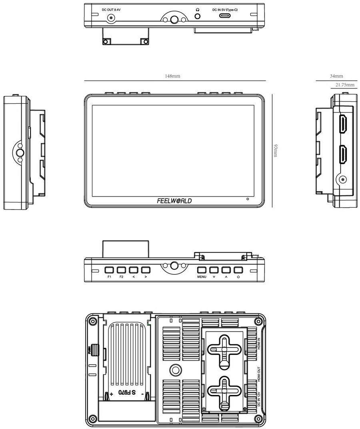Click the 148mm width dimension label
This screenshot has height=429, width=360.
(x=173, y=76)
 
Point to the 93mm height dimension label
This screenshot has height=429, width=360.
(x=275, y=150)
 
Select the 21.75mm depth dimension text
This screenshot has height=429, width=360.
(x=345, y=85)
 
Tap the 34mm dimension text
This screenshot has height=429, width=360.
(x=336, y=76)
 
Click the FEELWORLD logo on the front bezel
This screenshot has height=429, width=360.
(x=174, y=201)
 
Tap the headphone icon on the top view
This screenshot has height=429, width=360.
(x=197, y=9)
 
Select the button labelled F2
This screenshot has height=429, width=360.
(x=121, y=270)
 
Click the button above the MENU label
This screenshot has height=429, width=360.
(x=202, y=270)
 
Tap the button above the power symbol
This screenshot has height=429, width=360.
(x=238, y=270)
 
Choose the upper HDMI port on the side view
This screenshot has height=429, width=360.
(x=343, y=124)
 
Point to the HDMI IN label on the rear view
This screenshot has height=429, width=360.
(x=259, y=344)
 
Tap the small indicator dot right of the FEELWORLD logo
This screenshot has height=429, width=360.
(x=248, y=199)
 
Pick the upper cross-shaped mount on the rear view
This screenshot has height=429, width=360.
(x=224, y=349)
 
